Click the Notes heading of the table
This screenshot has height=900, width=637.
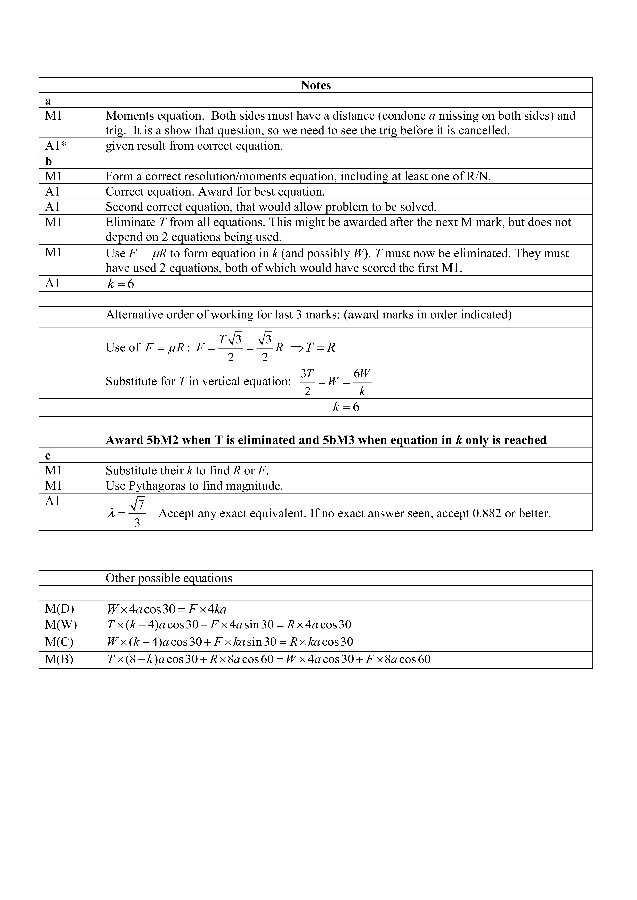coord(316,85)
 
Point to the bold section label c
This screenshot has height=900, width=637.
coord(48,456)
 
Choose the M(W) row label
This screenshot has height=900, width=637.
coord(61,624)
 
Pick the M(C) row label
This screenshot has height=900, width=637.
coord(59,642)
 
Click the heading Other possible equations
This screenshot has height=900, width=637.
coord(169,578)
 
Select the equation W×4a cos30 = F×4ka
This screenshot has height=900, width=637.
coord(167,609)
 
